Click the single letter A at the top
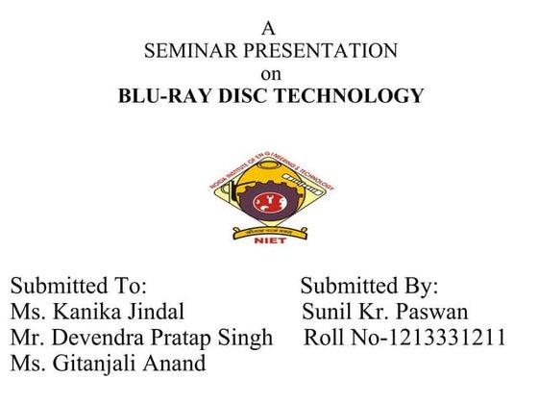pos(268,29)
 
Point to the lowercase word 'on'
pos(269,73)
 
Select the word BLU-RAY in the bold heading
pos(161,96)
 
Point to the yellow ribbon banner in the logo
pos(269,231)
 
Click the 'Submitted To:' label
pos(78,287)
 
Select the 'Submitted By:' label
pos(369,287)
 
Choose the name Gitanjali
pos(100,365)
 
